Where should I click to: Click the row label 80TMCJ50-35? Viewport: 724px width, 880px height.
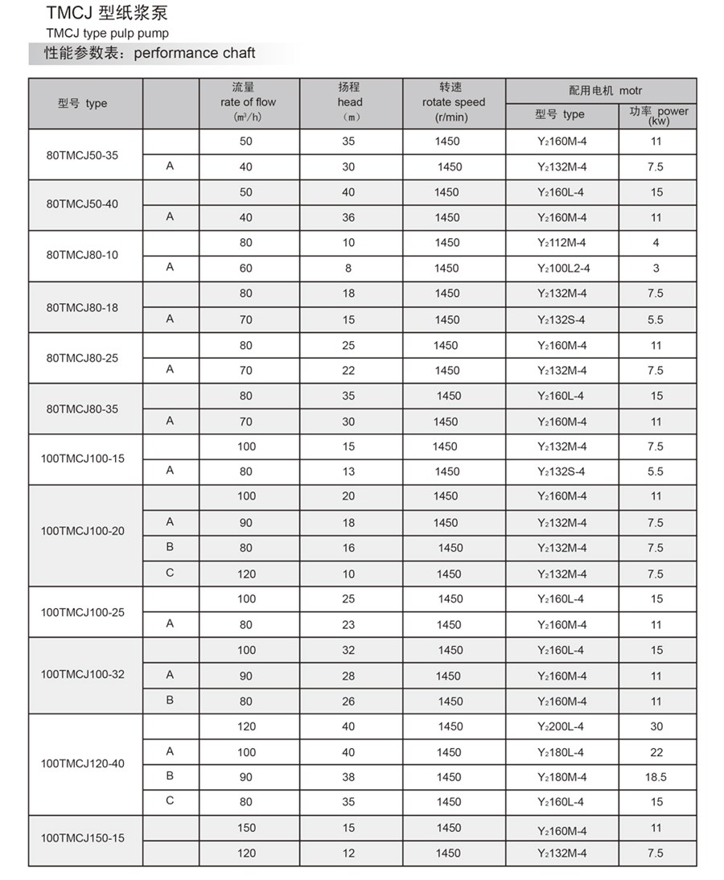(x=82, y=154)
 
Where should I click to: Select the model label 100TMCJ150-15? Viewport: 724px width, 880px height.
(x=82, y=838)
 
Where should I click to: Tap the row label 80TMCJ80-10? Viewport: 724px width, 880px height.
(x=82, y=255)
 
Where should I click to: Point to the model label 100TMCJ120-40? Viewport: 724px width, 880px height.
(x=82, y=763)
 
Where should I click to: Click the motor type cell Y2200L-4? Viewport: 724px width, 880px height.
(x=561, y=726)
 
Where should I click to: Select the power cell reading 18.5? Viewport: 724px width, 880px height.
(x=656, y=777)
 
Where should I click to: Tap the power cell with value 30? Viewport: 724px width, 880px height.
(x=656, y=726)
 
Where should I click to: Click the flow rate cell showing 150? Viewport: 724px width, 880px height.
(x=246, y=828)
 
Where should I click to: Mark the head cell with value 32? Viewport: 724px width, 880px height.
(x=348, y=650)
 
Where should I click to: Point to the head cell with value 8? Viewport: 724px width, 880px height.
(x=348, y=268)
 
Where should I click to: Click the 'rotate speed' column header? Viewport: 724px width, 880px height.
(x=454, y=102)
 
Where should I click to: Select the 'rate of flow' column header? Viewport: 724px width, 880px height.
(x=248, y=102)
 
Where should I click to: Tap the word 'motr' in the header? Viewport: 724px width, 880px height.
(x=631, y=91)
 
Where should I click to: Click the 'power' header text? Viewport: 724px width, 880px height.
(x=673, y=111)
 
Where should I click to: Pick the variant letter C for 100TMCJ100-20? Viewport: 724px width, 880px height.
(x=170, y=573)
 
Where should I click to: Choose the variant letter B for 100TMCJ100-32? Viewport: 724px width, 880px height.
(x=170, y=700)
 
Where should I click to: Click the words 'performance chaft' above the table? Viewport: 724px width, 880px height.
(x=194, y=54)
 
